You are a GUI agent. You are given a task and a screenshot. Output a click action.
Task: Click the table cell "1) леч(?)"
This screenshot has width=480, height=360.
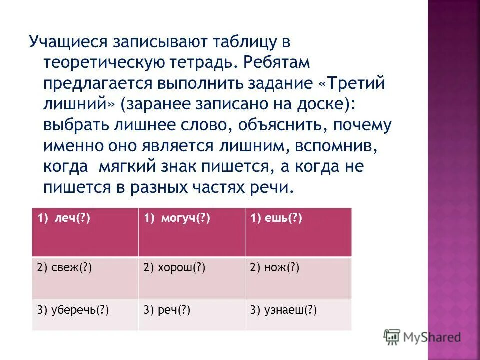point(85,232)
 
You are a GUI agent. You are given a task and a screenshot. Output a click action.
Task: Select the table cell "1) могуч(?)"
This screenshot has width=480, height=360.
point(191,232)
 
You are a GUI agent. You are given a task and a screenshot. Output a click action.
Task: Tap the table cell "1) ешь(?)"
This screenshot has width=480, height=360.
point(298,232)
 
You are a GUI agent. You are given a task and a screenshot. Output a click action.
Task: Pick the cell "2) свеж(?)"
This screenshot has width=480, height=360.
point(85,278)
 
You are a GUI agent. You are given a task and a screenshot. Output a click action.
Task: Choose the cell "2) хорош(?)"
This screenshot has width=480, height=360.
point(191,278)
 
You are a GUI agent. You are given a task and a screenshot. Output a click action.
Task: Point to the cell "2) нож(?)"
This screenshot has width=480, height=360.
point(298,278)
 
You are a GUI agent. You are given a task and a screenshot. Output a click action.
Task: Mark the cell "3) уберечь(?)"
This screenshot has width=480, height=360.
point(85,314)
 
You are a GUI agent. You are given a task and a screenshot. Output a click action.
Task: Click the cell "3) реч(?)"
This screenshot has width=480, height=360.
point(191,314)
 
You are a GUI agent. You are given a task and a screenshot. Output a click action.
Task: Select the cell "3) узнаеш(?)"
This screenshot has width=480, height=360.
point(298,314)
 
